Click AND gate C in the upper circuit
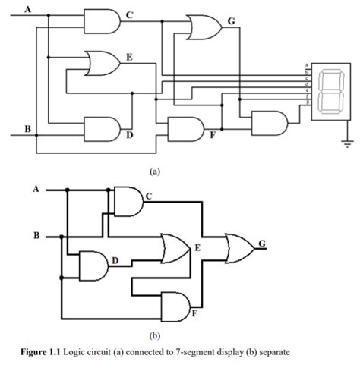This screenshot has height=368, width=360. click(x=102, y=20)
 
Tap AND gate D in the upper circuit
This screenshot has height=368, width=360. click(x=102, y=129)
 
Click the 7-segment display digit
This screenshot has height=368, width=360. click(x=330, y=92)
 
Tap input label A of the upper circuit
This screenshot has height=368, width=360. click(x=28, y=9)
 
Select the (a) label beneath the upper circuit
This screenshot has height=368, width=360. click(x=155, y=171)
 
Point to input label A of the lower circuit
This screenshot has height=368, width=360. click(x=34, y=189)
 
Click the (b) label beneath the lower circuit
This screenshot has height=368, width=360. click(x=155, y=332)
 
